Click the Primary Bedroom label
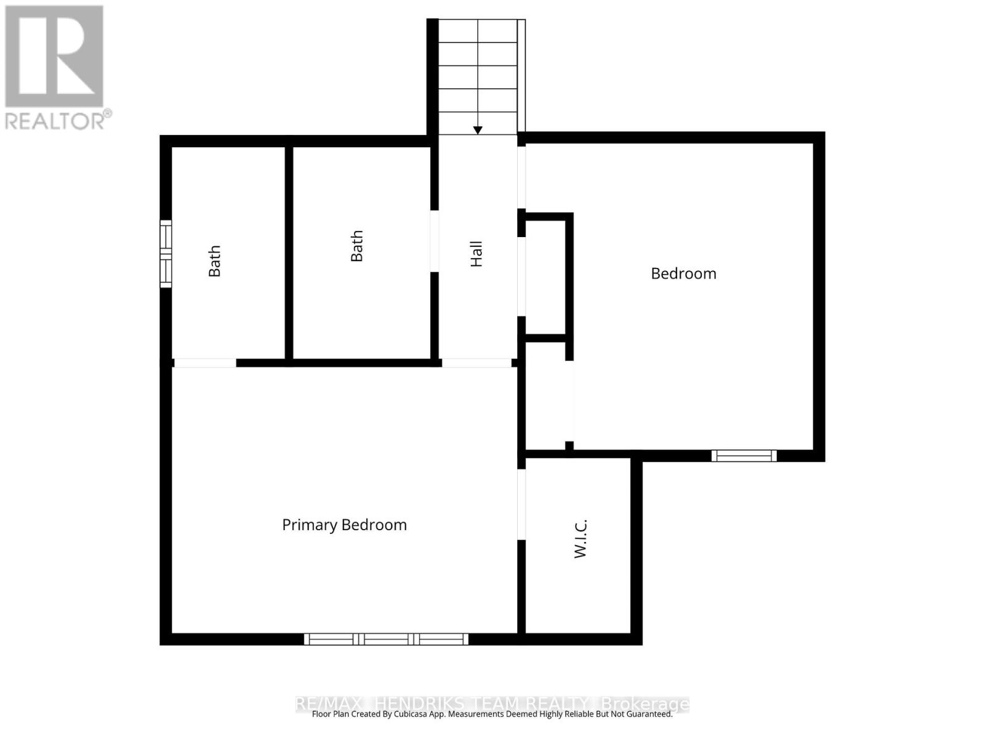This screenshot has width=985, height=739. coord(344,525)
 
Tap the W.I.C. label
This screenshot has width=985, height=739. coord(581,538)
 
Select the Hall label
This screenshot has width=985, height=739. coord(476,254)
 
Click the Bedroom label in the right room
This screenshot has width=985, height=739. coord(683,273)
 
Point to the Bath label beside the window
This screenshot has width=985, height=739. coord(214,261)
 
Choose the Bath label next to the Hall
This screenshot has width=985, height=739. coord(356,246)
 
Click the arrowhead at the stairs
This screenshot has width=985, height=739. coord(478,130)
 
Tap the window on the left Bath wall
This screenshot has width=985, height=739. coord(166,253)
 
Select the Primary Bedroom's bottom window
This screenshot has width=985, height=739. coord(386,639)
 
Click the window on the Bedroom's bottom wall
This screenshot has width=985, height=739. coord(744,456)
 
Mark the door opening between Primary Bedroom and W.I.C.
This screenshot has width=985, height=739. coord(521,505)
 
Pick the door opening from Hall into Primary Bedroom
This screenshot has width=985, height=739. coord(476,363)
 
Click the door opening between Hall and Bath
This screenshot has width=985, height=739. coord(434,241)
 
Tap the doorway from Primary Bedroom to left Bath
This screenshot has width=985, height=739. coord(204,363)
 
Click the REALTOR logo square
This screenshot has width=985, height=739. coord(54,56)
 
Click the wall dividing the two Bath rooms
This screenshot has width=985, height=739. coord(289,252)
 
